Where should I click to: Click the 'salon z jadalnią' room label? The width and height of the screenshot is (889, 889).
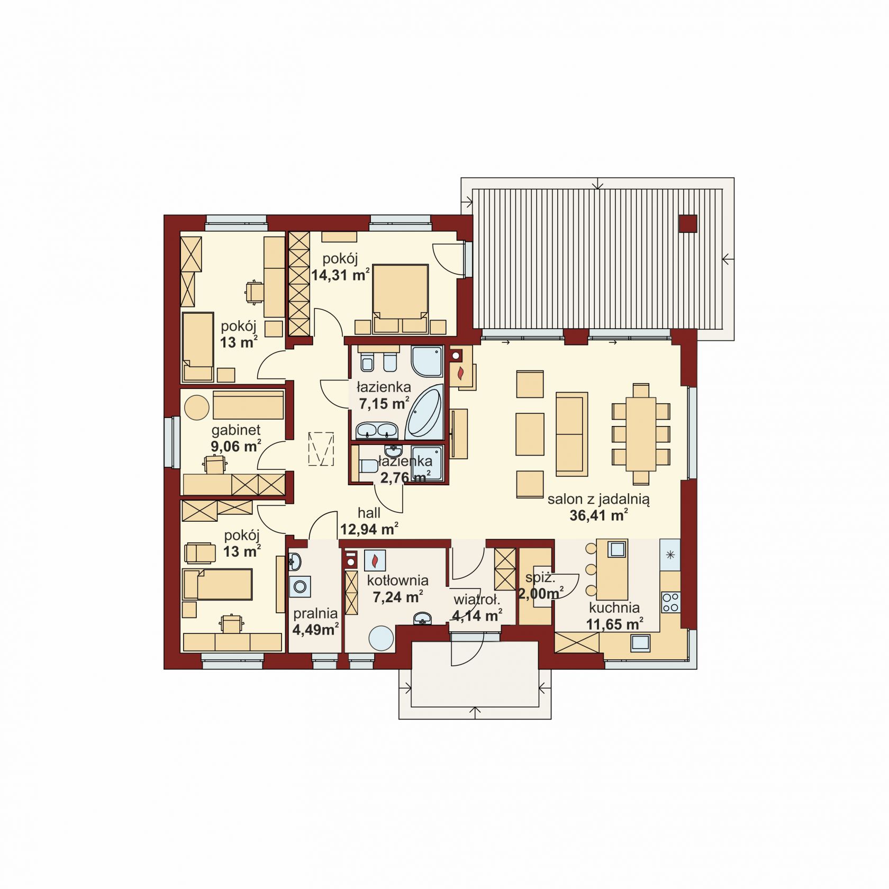point(598,498)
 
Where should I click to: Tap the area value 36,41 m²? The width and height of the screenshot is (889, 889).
point(598,515)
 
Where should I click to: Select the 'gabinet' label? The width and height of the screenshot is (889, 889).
point(236,430)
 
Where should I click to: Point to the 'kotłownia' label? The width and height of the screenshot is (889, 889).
point(397,580)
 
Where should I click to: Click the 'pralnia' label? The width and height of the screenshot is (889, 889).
point(315,613)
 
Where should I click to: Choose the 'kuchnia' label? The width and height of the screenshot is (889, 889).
point(614,608)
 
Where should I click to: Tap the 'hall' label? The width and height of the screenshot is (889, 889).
point(369,512)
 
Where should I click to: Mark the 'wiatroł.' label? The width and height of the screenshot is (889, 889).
point(476,600)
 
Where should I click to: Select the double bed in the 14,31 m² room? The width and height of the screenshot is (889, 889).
point(400,298)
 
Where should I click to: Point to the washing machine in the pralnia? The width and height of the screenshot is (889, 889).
point(300,587)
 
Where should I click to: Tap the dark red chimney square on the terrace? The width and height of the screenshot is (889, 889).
point(688,224)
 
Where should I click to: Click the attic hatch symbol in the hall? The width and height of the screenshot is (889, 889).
point(321,449)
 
